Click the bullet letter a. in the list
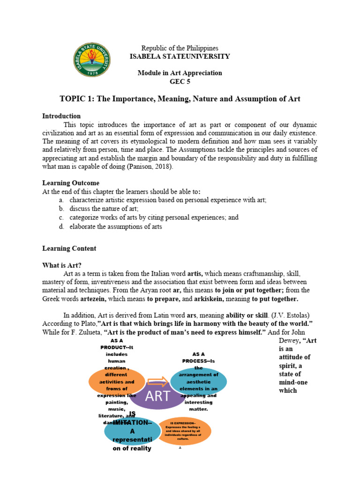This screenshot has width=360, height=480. (x=61, y=200)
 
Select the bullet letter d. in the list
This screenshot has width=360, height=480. (x=61, y=226)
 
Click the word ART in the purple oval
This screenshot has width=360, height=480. (x=157, y=396)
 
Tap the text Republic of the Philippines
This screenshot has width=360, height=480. (x=180, y=48)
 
